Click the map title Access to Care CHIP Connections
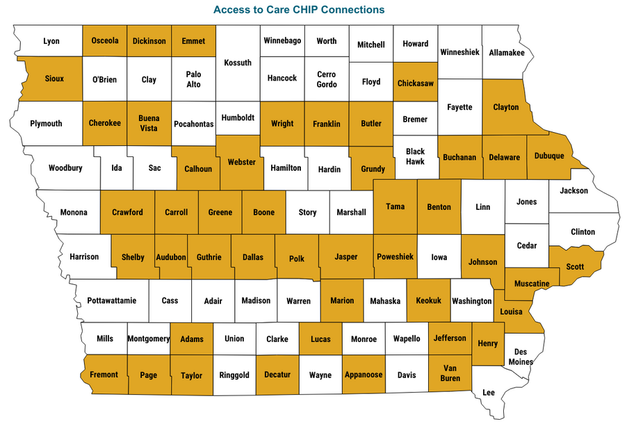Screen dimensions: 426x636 (x=299, y=10)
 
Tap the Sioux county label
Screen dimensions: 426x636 (x=54, y=79)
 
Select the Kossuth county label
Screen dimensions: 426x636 (x=238, y=63)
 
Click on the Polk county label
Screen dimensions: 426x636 (x=297, y=259)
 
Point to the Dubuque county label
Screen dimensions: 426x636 (x=549, y=156)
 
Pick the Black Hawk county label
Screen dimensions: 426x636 (x=415, y=157)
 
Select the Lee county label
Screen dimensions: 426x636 (x=489, y=393)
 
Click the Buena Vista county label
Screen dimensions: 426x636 (x=149, y=123)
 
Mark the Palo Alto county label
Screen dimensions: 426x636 (x=193, y=79)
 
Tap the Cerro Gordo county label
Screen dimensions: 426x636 (x=327, y=79)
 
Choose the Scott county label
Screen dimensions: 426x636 (x=575, y=266)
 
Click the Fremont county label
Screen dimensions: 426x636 (x=104, y=375)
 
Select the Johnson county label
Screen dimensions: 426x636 (x=483, y=262)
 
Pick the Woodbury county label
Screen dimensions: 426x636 (x=65, y=168)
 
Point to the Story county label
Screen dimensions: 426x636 (x=307, y=213)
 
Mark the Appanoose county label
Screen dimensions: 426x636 (x=364, y=375)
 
